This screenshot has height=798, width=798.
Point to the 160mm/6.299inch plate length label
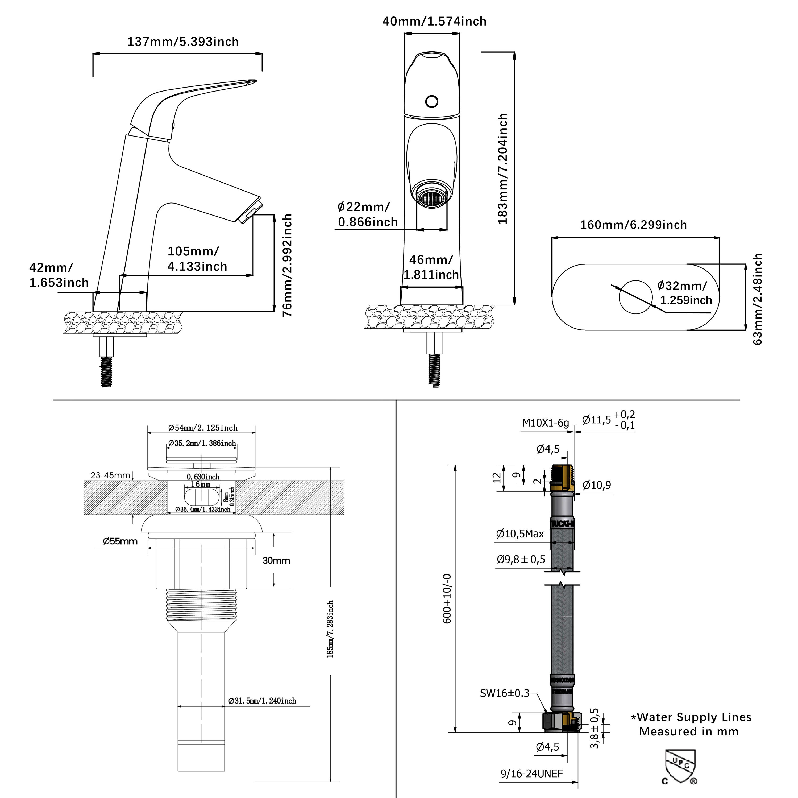(x=633, y=225)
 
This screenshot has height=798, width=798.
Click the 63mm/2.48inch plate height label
(x=758, y=299)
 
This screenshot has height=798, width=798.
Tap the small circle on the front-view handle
(x=432, y=101)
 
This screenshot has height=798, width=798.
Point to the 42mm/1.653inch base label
(x=59, y=275)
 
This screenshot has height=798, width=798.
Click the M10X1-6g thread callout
(x=545, y=423)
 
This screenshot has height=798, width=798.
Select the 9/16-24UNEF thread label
(x=531, y=774)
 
